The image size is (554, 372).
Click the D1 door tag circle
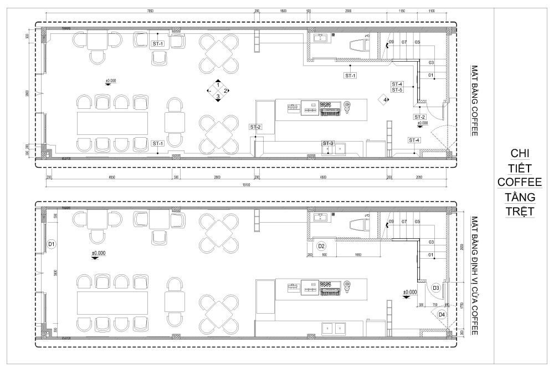(51, 244)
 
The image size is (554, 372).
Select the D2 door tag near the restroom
(321, 245)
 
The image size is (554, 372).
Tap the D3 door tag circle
(436, 288)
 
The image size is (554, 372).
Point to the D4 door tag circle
(441, 314)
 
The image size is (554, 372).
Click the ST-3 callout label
(328, 144)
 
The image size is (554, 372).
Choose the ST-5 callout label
(397, 89)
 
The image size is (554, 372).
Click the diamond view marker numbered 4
(382, 100)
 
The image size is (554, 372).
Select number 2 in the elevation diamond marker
(226, 91)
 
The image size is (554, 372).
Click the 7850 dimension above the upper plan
(146, 11)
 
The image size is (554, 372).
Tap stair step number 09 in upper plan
(391, 42)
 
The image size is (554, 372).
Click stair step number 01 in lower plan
(430, 254)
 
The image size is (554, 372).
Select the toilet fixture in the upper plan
(357, 44)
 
